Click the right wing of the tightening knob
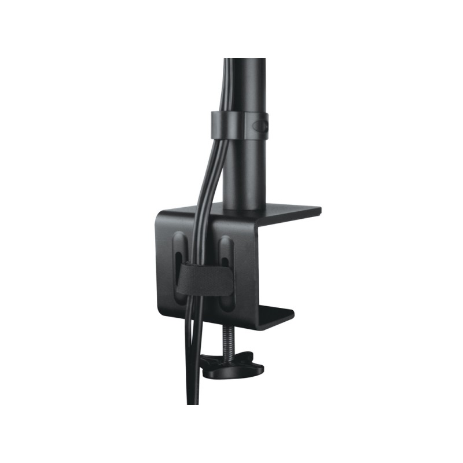(x=255, y=367)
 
